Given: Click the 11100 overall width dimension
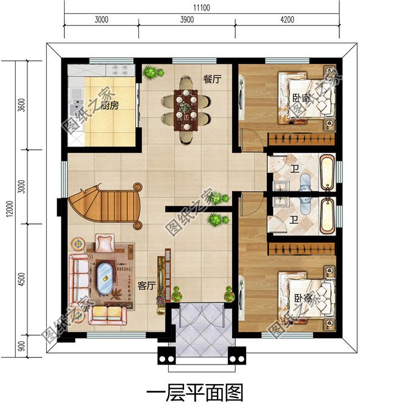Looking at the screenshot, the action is [x=202, y=7].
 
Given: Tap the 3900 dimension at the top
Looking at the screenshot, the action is [x=187, y=19].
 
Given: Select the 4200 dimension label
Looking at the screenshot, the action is [x=287, y=19].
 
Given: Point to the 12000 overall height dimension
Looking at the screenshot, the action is [x=10, y=209].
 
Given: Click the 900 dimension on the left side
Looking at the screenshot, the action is [x=22, y=346].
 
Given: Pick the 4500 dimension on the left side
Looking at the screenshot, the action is [x=22, y=279].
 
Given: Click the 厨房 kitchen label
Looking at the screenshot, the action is [x=110, y=105].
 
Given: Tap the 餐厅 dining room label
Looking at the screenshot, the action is [x=212, y=79].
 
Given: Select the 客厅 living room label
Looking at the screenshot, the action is [x=146, y=286].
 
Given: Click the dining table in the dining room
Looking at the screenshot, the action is [x=186, y=110].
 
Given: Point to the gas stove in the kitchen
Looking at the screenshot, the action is [x=120, y=70].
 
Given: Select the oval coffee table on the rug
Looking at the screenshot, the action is [x=105, y=278].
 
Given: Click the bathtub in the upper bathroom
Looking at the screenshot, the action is [x=327, y=172].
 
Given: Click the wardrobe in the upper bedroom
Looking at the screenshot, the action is [x=302, y=139].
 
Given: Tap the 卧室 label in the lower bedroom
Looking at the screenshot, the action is [x=303, y=298].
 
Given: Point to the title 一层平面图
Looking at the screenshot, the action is [x=195, y=393].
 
